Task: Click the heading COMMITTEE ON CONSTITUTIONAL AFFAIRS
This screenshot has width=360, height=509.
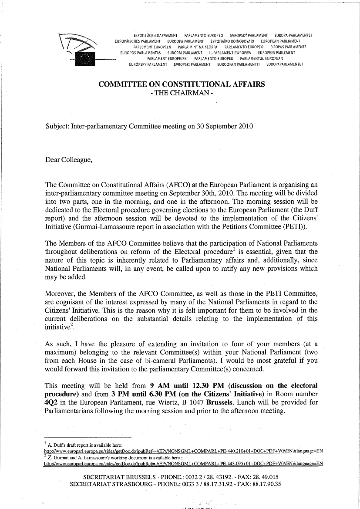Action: point(182,84)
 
